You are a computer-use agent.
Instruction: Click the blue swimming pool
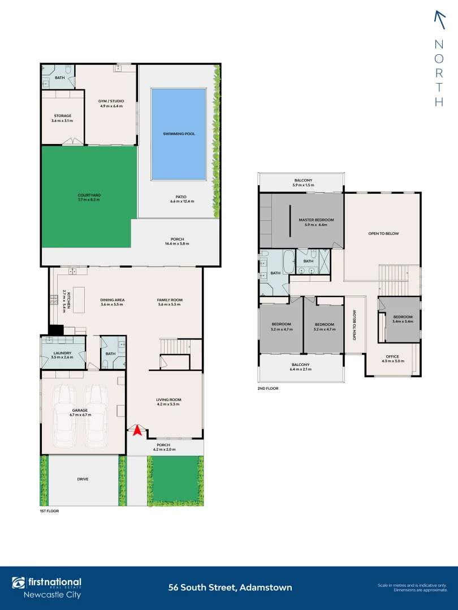pyautogui.click(x=178, y=134)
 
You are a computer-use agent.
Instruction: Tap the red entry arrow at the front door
pyautogui.click(x=136, y=431)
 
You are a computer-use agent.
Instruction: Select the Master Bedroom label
pyautogui.click(x=316, y=220)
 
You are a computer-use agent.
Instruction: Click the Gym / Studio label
pyautogui.click(x=111, y=101)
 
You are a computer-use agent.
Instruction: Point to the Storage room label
pyautogui.click(x=62, y=116)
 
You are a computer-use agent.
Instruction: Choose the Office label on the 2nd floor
pyautogui.click(x=392, y=356)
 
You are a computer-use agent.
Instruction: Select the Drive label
pyautogui.click(x=83, y=479)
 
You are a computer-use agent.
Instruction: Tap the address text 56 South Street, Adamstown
pyautogui.click(x=230, y=587)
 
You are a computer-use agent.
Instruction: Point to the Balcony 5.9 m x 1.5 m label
pyautogui.click(x=301, y=180)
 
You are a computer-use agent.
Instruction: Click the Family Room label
pyautogui.click(x=170, y=300)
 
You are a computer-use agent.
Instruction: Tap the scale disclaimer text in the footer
pyautogui.click(x=412, y=587)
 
